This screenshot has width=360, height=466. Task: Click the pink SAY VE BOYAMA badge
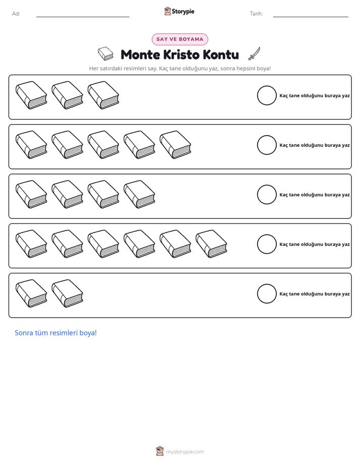click(179, 39)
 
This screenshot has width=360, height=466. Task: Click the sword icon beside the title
click(254, 53)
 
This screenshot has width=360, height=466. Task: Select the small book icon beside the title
click(106, 53)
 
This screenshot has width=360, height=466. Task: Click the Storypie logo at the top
click(179, 11)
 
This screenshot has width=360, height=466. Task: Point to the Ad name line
click(83, 17)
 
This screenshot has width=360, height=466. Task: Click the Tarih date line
click(311, 17)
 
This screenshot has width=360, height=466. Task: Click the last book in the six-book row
click(211, 244)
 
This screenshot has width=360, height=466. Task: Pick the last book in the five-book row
click(175, 145)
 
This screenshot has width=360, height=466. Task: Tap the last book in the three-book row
click(103, 95)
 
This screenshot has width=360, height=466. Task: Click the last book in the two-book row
click(68, 294)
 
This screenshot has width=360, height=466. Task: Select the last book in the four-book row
click(139, 194)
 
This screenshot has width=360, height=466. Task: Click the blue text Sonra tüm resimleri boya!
click(56, 333)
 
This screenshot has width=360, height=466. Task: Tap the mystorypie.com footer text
click(185, 452)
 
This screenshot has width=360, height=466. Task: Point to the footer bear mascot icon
click(160, 451)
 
